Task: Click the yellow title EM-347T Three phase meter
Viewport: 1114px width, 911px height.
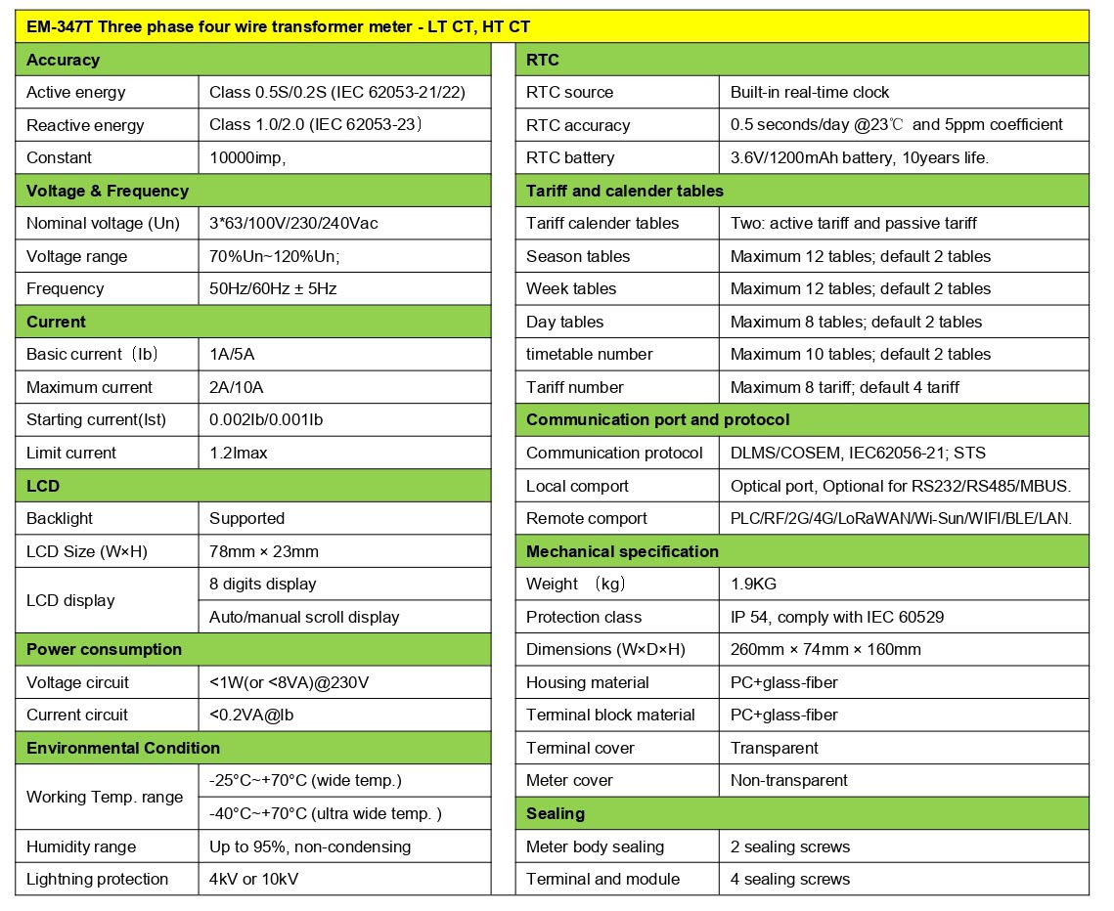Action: pos(279,27)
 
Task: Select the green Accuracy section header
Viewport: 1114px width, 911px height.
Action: pos(64,60)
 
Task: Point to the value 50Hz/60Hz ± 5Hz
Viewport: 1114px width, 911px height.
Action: pos(274,288)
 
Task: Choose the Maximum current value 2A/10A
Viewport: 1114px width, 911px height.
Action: pos(237,387)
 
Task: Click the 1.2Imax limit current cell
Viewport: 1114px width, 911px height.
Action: pos(239,453)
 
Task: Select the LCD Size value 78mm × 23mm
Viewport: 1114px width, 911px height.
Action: pos(264,551)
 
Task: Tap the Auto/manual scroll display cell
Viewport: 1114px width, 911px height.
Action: pos(304,617)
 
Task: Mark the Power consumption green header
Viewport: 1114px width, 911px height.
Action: pos(105,649)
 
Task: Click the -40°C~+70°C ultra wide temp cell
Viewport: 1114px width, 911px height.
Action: pos(325,813)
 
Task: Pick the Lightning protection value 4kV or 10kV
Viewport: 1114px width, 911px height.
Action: pos(254,879)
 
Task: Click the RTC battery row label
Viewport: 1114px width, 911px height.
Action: pos(570,157)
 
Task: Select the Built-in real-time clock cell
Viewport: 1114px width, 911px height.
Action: pos(810,92)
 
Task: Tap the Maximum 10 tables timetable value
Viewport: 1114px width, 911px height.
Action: pos(861,354)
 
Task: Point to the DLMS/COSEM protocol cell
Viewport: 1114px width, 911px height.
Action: pos(859,453)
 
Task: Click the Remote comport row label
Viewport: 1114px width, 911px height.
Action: pos(587,518)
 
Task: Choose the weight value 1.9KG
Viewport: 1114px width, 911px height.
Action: pos(755,584)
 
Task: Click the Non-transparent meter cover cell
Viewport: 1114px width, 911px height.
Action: pos(789,780)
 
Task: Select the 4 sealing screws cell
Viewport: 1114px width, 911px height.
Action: pos(790,879)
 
